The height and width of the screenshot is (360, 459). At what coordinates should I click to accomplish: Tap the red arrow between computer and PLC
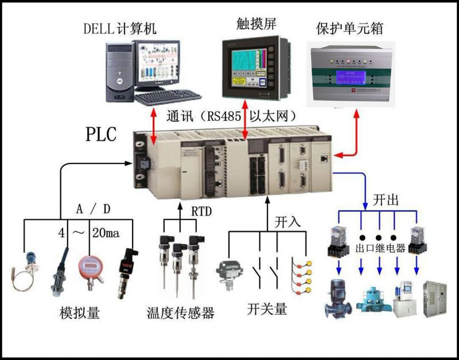tap(154, 126)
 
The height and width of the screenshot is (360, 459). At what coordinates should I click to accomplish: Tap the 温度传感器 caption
tap(180, 313)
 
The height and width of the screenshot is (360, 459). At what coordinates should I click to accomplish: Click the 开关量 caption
tap(267, 310)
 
